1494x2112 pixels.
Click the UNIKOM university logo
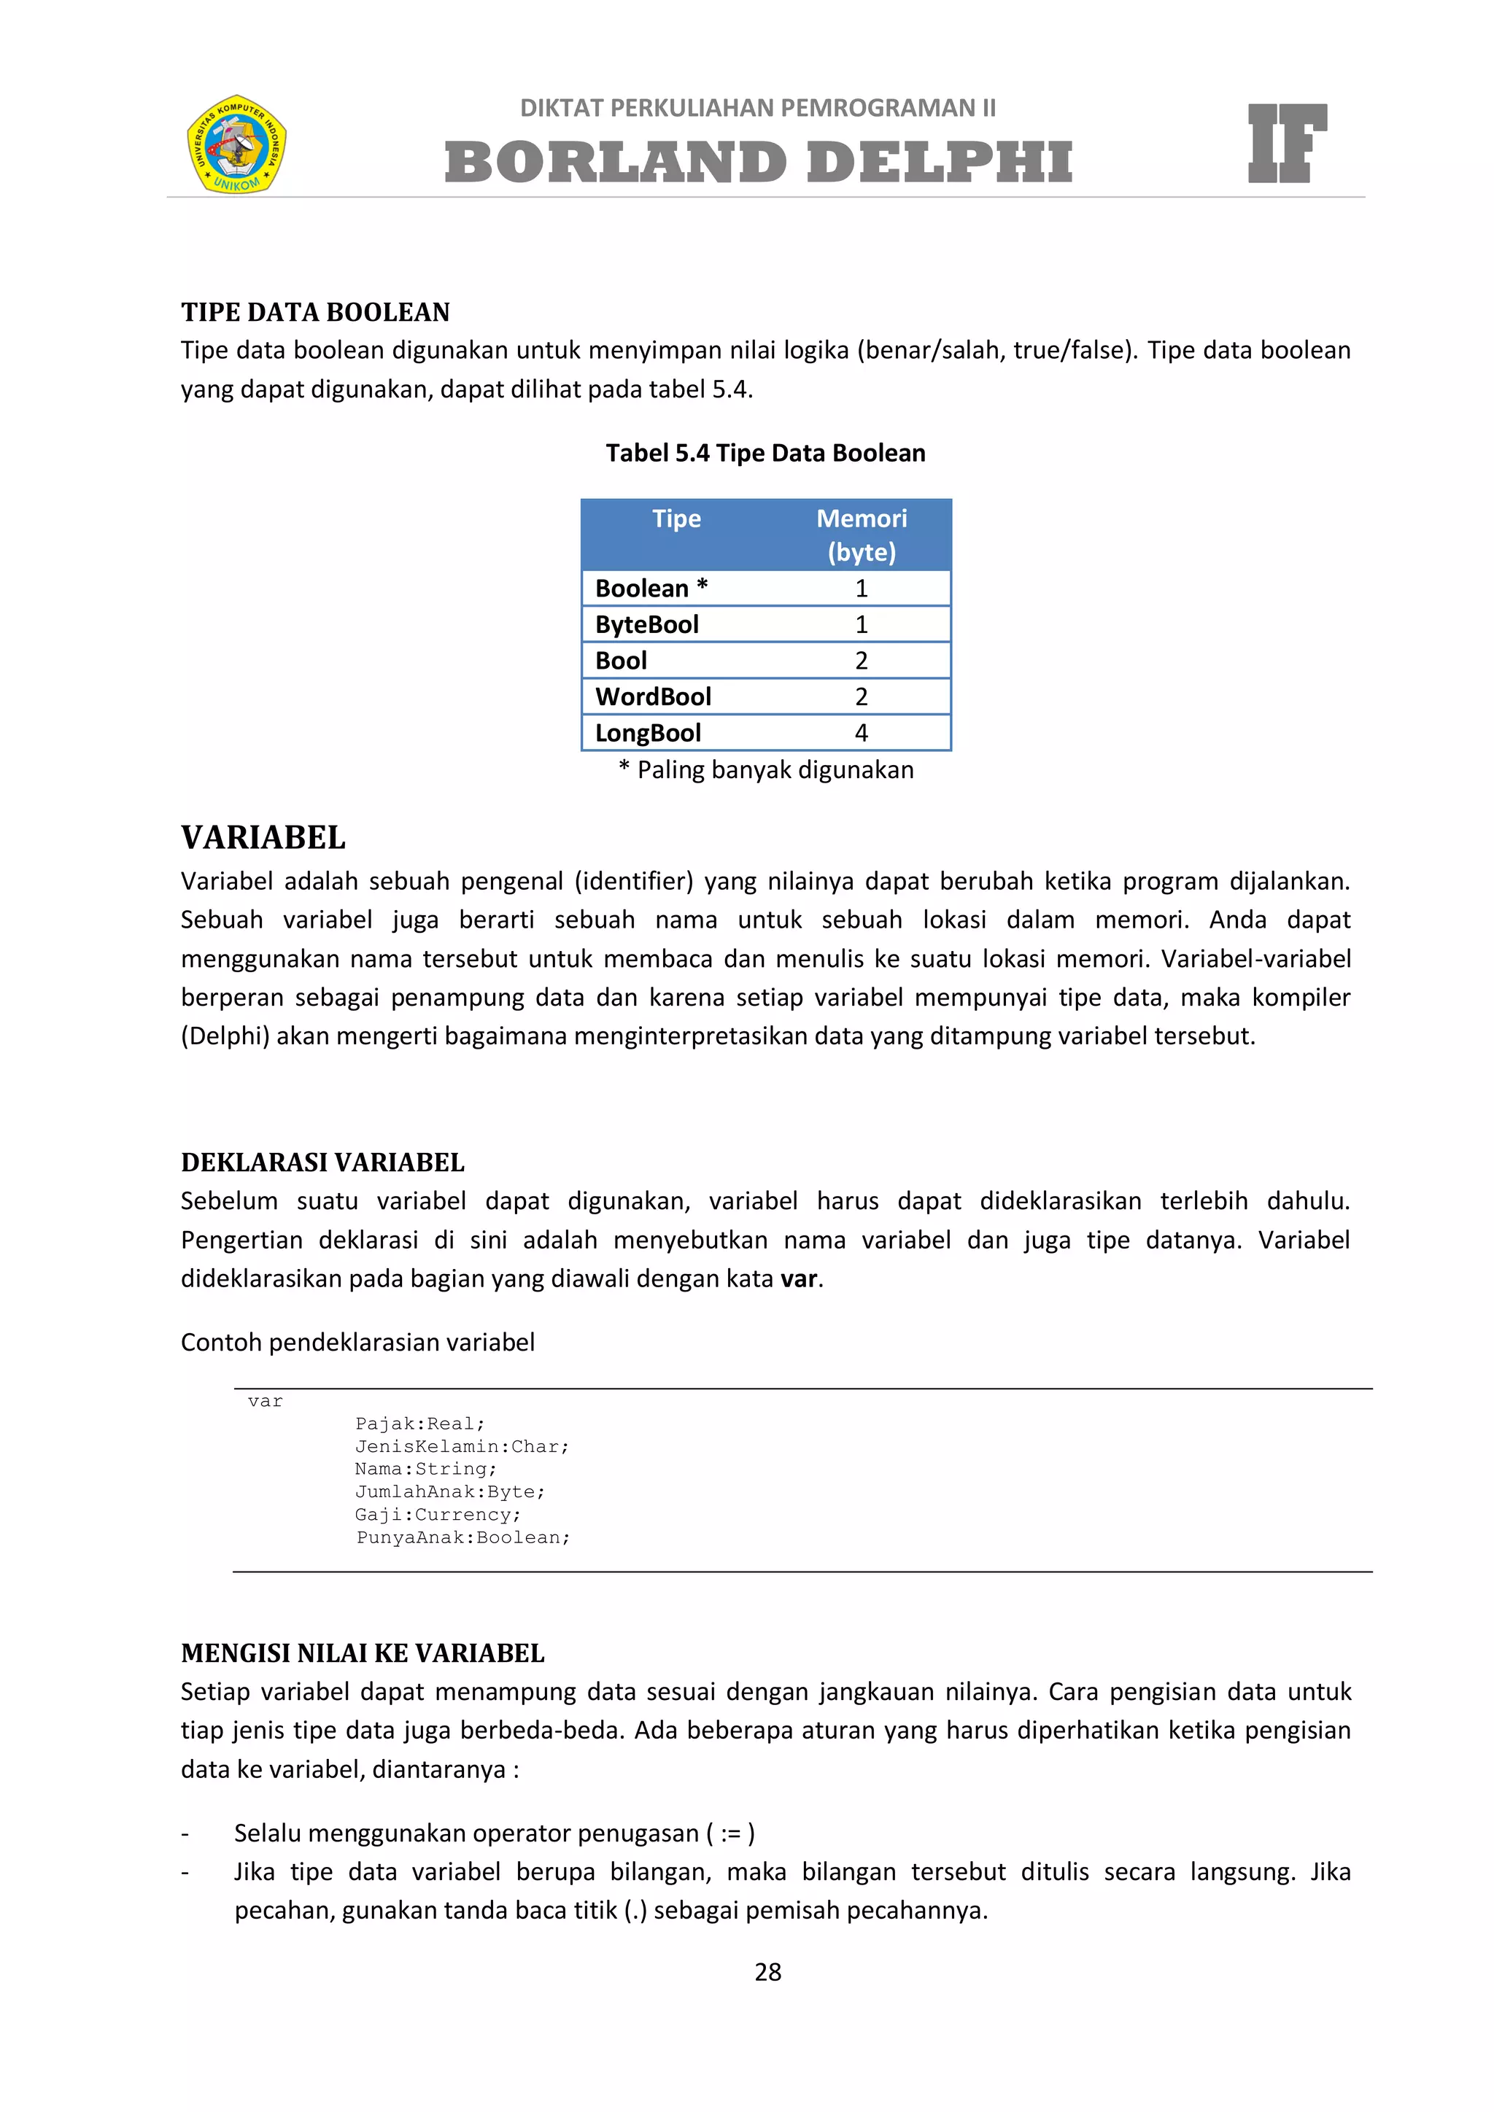(x=236, y=144)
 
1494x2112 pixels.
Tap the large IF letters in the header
(x=1286, y=144)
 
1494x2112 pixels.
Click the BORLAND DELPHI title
(x=758, y=163)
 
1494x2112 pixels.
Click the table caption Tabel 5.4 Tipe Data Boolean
(x=765, y=454)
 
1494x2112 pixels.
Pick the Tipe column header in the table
(x=676, y=519)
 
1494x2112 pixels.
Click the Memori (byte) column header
(x=861, y=535)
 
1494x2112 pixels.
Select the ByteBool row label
(x=647, y=624)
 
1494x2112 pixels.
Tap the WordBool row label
(x=653, y=696)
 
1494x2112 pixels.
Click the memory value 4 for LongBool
(x=861, y=733)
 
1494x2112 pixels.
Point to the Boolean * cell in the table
(x=651, y=589)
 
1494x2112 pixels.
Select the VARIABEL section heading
(x=263, y=838)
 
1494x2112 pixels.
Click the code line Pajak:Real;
(x=419, y=1424)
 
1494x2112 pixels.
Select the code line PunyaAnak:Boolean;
(x=462, y=1538)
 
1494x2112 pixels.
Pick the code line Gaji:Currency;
(x=438, y=1515)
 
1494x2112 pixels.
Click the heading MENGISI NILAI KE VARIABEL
(x=363, y=1653)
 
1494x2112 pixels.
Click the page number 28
(x=767, y=1972)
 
